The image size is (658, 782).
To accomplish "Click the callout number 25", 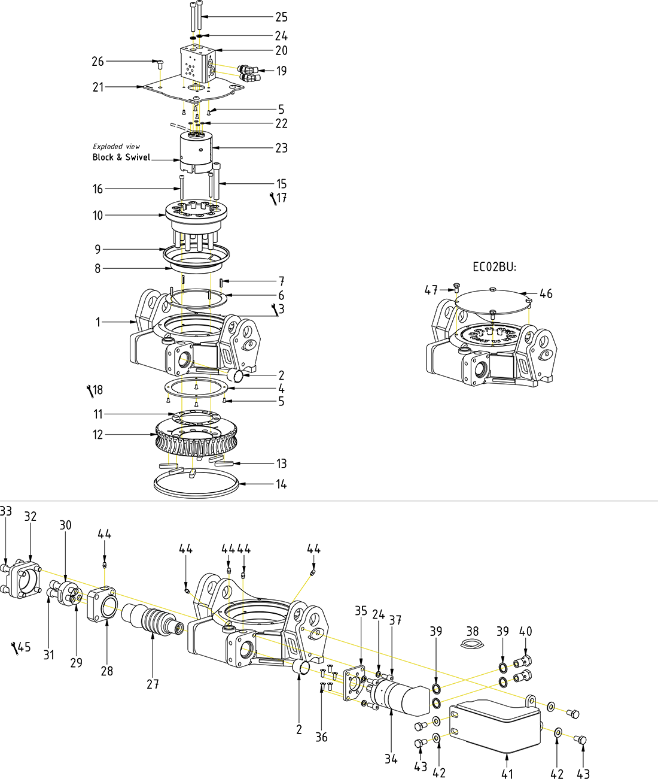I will [281, 17].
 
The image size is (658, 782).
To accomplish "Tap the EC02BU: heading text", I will [494, 267].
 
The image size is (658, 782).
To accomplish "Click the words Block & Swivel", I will [121, 157].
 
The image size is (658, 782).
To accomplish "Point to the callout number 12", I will [98, 435].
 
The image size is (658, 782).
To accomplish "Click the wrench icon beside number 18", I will [90, 391].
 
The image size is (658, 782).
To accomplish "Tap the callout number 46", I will [546, 293].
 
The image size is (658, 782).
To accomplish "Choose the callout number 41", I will [507, 774].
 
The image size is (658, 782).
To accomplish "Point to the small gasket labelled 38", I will [472, 644].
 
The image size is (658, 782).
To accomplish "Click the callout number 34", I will [391, 759].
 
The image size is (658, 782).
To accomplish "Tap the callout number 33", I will [6, 511].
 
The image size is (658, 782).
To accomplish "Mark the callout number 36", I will [321, 737].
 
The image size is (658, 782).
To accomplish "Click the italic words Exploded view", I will [116, 146].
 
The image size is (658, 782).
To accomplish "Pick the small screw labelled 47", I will [457, 289].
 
